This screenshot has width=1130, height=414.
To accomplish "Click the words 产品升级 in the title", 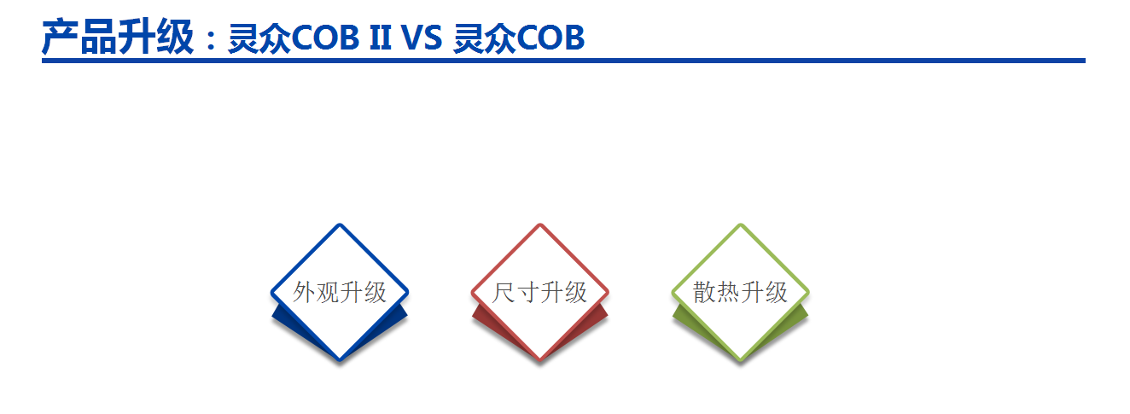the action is [x=118, y=37].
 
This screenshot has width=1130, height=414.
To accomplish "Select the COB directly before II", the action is [x=325, y=38].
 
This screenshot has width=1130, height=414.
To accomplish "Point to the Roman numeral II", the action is [x=381, y=38].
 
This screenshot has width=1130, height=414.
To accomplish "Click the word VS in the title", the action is [x=422, y=38].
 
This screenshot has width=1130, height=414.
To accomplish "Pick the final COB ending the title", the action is [x=550, y=38].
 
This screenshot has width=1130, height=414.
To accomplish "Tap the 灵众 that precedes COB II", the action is [x=259, y=38].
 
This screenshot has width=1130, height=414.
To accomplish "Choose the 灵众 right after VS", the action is [x=486, y=38].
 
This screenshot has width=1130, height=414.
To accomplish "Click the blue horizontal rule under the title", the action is [x=563, y=61].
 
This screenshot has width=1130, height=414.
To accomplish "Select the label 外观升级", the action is [x=340, y=293].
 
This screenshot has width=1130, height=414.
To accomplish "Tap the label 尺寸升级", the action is [x=539, y=293].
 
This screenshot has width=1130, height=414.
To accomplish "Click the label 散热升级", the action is [x=740, y=293].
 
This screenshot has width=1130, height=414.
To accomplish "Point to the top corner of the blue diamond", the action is [x=340, y=224].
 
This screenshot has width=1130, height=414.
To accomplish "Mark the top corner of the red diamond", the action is [x=539, y=224].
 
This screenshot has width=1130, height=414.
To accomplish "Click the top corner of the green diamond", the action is [x=741, y=224].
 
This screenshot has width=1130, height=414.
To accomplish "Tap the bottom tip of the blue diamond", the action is [x=340, y=360].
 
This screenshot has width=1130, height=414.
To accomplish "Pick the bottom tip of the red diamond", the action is [x=539, y=360].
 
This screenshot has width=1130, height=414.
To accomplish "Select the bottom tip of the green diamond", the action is [x=741, y=360].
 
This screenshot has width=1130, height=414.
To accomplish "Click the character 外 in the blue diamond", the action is [x=304, y=293].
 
